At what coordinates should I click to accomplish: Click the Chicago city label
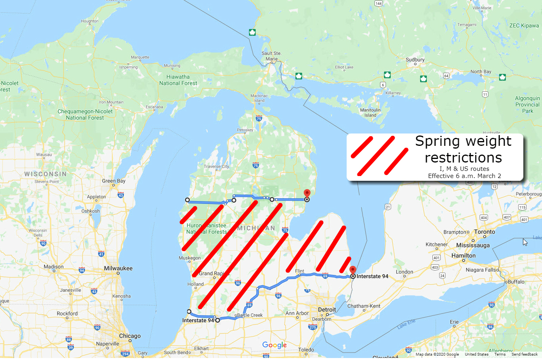pyautogui.click(x=130, y=336)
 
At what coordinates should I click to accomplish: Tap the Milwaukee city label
pyautogui.click(x=118, y=268)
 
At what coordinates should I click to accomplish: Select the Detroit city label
pyautogui.click(x=327, y=310)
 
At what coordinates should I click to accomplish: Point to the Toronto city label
pyautogui.click(x=484, y=232)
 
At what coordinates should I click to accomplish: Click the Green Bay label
pyautogui.click(x=114, y=181)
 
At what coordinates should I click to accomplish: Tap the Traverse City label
pyautogui.click(x=216, y=166)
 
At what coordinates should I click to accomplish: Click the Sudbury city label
pyautogui.click(x=415, y=60)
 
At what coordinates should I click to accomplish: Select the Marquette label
pyautogui.click(x=140, y=57)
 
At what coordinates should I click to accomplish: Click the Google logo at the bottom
pyautogui.click(x=274, y=345)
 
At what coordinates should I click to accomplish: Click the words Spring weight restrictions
pyautogui.click(x=463, y=149)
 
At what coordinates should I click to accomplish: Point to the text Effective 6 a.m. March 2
pyautogui.click(x=464, y=176)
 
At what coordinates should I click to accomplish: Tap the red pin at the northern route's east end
pyautogui.click(x=307, y=194)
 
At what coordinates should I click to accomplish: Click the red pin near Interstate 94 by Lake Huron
pyautogui.click(x=353, y=270)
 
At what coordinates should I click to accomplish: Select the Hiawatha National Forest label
pyautogui.click(x=178, y=80)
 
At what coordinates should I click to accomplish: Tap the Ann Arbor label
pyautogui.click(x=297, y=313)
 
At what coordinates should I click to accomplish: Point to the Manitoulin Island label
pyautogui.click(x=370, y=112)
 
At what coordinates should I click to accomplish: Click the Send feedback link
pyautogui.click(x=524, y=354)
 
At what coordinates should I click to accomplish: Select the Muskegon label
pyautogui.click(x=190, y=258)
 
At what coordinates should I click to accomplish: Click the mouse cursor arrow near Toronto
pyautogui.click(x=525, y=242)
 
